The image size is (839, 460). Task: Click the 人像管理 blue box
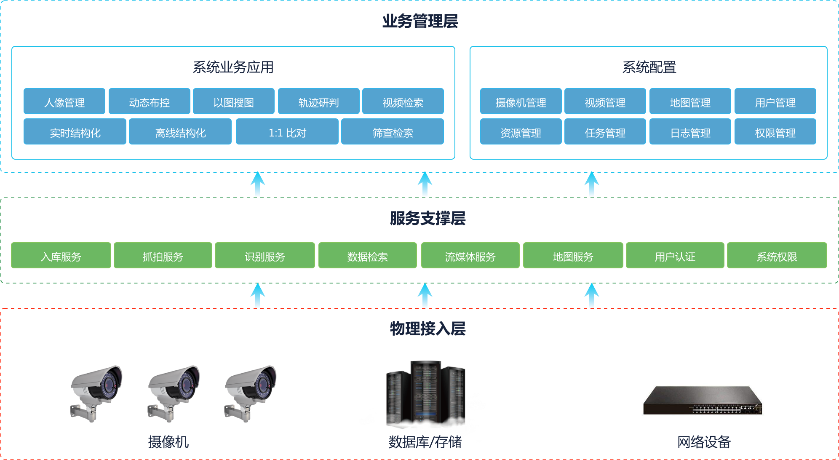pos(64,102)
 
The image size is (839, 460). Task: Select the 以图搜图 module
pos(234,102)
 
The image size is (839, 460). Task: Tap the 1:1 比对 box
pos(287,132)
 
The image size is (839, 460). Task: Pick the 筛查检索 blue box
pos(393,132)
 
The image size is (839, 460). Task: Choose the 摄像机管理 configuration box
pos(521,102)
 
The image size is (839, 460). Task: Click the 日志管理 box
pos(690,132)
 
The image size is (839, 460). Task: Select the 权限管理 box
pos(775,132)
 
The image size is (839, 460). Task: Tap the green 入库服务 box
pos(61,256)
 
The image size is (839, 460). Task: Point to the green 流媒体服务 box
pos(470,256)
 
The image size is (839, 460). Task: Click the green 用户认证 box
pos(675,256)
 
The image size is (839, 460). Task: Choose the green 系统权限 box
pos(777,256)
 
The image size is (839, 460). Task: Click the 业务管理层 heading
pos(420,21)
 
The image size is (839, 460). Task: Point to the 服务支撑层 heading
pos(428,218)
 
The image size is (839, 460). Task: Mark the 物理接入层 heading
pos(428,329)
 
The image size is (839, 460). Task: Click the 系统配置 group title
pos(649,67)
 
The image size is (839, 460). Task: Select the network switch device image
pos(703,401)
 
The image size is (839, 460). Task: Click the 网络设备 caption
pos(704,442)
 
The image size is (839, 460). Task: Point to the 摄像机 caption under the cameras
pos(168,442)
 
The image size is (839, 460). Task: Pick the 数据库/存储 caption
pos(425,442)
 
